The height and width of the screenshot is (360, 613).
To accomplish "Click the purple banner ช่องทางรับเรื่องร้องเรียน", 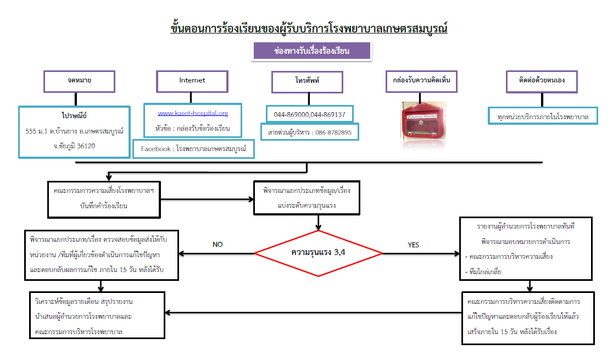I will [x=311, y=51].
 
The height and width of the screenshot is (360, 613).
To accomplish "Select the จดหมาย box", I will [x=80, y=81].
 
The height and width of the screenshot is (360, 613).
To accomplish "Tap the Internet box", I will [x=192, y=80].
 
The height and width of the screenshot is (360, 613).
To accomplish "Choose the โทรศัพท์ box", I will [x=307, y=82].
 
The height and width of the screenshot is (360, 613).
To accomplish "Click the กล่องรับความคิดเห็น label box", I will [x=422, y=80].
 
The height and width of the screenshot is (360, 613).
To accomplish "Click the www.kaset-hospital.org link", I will [x=193, y=113].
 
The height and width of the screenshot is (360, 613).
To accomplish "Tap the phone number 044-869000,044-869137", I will [x=310, y=115].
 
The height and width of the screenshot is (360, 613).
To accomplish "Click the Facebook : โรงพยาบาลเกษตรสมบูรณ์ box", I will [x=193, y=149].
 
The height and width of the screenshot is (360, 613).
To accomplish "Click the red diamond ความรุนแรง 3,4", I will [x=319, y=253].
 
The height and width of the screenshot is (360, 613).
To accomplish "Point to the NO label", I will [x=218, y=244].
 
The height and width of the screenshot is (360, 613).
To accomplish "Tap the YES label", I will [x=414, y=244].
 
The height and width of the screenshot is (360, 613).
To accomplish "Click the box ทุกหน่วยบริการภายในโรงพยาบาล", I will [x=543, y=117].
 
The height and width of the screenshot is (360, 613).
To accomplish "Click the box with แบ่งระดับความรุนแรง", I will [x=306, y=198].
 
